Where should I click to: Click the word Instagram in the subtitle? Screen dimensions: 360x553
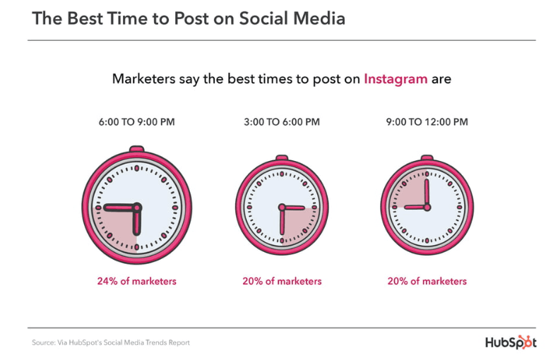click(395, 79)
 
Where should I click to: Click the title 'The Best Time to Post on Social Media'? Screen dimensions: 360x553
click(189, 19)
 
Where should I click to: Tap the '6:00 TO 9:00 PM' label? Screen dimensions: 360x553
click(137, 122)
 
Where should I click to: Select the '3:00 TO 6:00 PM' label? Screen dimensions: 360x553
click(282, 122)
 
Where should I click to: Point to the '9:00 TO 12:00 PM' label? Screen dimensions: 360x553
click(427, 122)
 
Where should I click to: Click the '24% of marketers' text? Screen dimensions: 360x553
click(137, 281)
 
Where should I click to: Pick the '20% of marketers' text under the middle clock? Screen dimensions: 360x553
click(282, 281)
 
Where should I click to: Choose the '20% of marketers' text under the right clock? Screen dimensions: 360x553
click(427, 281)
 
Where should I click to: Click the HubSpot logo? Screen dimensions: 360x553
click(511, 342)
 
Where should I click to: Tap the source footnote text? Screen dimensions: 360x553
click(110, 343)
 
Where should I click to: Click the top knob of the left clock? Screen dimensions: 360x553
click(137, 150)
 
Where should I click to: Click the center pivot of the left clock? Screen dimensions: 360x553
click(137, 208)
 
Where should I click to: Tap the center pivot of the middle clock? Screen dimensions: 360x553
click(282, 208)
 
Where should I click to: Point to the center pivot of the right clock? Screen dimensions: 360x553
click(427, 207)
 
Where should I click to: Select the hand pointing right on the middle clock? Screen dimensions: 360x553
click(294, 208)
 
